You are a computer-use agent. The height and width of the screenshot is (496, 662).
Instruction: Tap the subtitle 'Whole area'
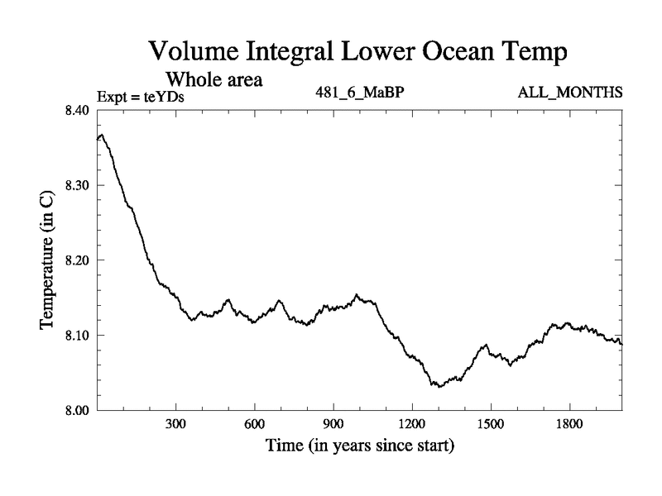click(x=215, y=79)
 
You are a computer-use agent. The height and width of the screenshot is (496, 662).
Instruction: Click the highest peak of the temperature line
click(x=101, y=135)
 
